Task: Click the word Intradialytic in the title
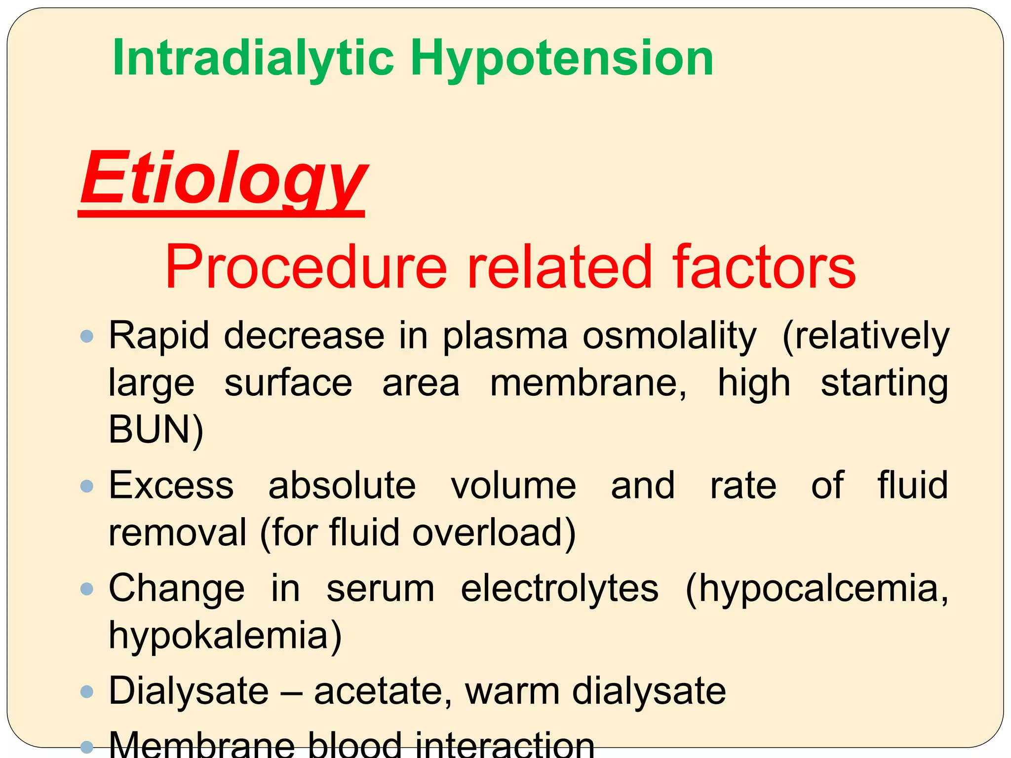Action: tap(253, 58)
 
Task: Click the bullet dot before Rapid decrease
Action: tap(87, 337)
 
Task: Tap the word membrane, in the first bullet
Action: tap(588, 383)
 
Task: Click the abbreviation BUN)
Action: tap(156, 429)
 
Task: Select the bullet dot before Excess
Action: tap(87, 487)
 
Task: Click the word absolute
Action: tap(342, 486)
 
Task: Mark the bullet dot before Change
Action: tap(87, 589)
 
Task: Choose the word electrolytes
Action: tap(560, 589)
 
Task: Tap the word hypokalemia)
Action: tap(225, 636)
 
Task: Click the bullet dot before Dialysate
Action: tap(87, 691)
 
